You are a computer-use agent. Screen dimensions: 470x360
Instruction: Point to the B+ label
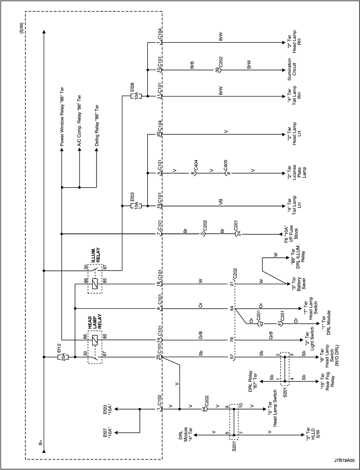point(41,442)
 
